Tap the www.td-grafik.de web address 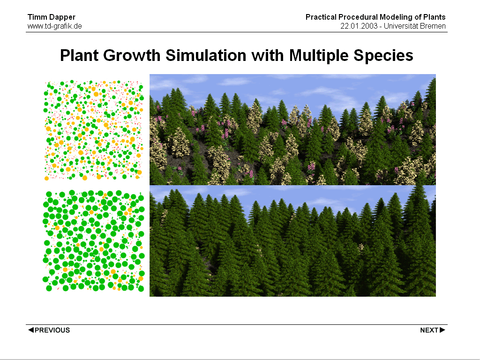[x=55, y=26]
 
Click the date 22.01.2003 [x=359, y=26]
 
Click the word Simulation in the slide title [x=206, y=55]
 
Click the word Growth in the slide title [x=132, y=55]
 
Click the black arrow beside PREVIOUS [x=31, y=330]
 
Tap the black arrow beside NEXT [x=442, y=330]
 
